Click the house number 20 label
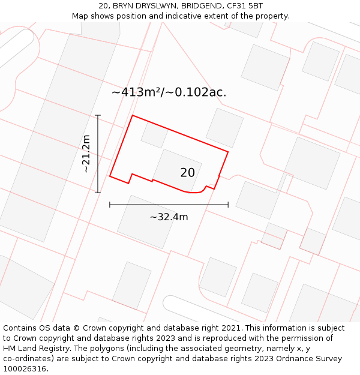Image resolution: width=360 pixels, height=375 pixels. [x=187, y=173]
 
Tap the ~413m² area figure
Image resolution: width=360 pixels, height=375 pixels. [x=137, y=92]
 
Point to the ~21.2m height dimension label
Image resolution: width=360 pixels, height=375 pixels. [x=86, y=154]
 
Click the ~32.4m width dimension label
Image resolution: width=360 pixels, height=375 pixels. [x=169, y=217]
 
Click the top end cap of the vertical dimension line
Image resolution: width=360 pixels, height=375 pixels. [x=98, y=115]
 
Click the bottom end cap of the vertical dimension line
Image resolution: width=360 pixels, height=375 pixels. [x=98, y=193]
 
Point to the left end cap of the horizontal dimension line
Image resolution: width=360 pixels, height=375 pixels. [x=110, y=205]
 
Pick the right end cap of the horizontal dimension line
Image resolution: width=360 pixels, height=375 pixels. [x=228, y=205]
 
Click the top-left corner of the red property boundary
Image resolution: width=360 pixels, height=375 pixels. [x=133, y=115]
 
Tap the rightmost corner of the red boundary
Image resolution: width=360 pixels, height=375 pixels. [x=228, y=151]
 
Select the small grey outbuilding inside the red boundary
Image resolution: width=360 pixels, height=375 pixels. [x=155, y=134]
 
